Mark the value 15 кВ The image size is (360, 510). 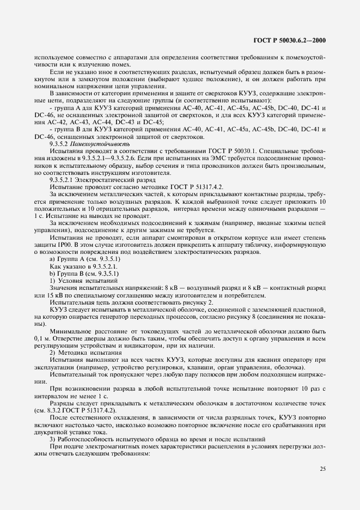coord(47,295)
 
